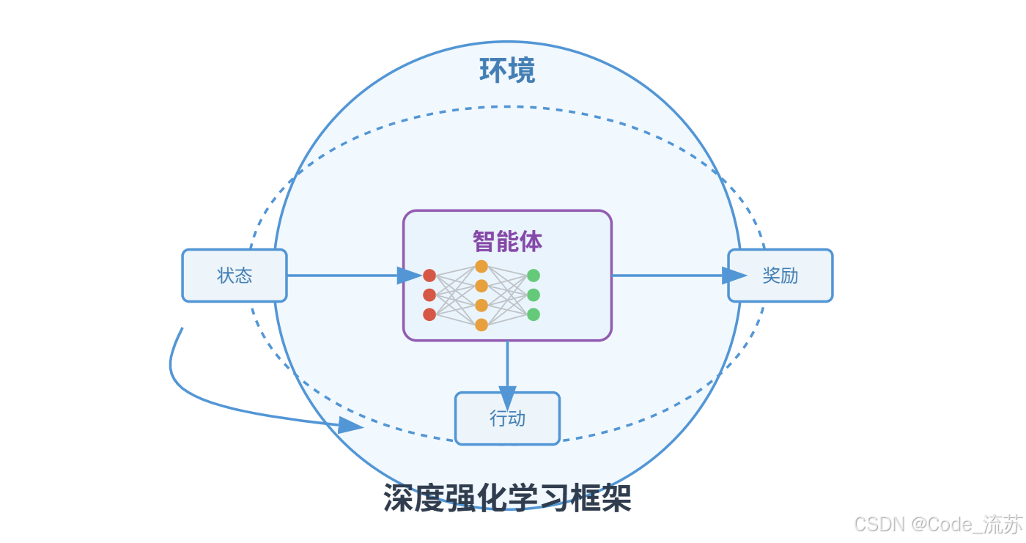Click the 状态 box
click(235, 276)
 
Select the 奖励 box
click(780, 276)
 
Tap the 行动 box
click(507, 418)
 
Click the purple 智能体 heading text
click(507, 241)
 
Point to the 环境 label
click(507, 70)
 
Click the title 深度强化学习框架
click(507, 499)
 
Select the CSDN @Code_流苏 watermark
click(938, 524)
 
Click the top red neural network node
click(429, 276)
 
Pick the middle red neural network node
click(429, 295)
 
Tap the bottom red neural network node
click(429, 314)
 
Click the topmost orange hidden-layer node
click(481, 266)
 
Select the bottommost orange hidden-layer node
click(481, 325)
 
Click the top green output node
click(534, 276)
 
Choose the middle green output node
click(534, 295)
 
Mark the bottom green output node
click(534, 314)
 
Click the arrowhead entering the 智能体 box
click(409, 276)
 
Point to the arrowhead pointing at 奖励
click(734, 276)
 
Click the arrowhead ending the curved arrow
click(350, 425)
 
